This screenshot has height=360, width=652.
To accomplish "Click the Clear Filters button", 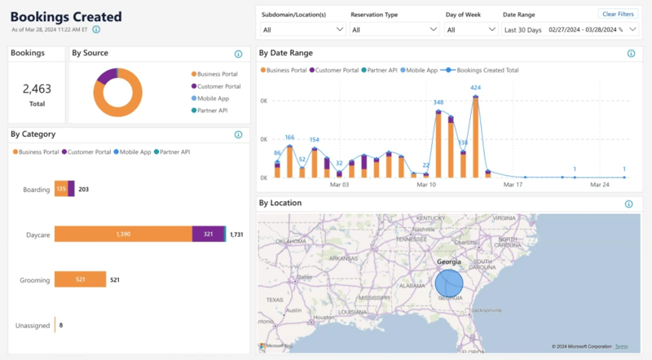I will click(x=618, y=14).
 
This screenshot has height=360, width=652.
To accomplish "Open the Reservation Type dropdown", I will click(x=394, y=29).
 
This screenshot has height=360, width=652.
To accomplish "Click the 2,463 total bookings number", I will click(x=37, y=88).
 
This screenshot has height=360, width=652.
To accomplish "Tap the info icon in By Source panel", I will click(x=239, y=55).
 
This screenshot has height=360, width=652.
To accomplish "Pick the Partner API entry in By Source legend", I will click(x=211, y=110).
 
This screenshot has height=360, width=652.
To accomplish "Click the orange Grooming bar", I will click(x=80, y=279).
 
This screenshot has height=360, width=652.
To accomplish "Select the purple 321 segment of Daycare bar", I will click(x=208, y=235).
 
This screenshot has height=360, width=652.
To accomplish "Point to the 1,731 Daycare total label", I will click(x=237, y=235).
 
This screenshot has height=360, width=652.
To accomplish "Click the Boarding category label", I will click(x=37, y=190).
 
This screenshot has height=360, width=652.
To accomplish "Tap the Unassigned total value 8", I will click(x=61, y=325).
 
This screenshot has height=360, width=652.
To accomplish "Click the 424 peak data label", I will click(x=475, y=88).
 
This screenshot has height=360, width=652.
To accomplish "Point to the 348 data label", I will click(x=438, y=103).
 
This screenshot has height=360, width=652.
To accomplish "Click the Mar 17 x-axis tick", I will click(x=512, y=185).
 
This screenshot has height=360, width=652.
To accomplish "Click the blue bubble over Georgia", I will click(x=448, y=283).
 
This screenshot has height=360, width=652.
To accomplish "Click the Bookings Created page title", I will click(x=66, y=16).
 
